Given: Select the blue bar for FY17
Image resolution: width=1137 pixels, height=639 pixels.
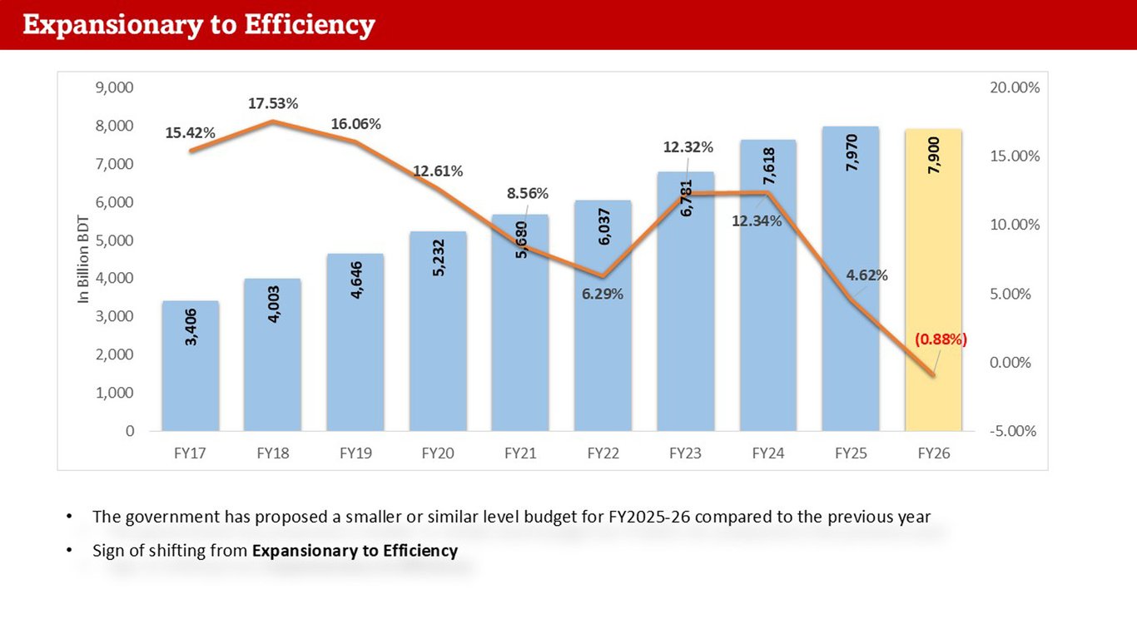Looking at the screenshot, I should (191, 366).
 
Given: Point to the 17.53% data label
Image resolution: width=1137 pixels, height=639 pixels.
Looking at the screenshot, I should (273, 104).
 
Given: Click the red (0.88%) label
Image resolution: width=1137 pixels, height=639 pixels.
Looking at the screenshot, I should (941, 339).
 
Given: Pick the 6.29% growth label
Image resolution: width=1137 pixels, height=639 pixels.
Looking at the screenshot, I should (603, 294).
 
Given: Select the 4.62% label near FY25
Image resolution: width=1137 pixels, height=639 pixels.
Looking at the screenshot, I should (866, 275).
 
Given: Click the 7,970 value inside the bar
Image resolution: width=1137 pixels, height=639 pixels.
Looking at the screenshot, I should (852, 153).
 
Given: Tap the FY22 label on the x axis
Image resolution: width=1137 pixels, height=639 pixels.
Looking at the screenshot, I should (603, 453).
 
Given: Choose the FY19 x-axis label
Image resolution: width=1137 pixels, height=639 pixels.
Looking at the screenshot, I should (355, 453).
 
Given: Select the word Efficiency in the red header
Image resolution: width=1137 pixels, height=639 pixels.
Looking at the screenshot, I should (310, 25).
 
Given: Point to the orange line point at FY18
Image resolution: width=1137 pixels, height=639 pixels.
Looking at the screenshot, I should (273, 121).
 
